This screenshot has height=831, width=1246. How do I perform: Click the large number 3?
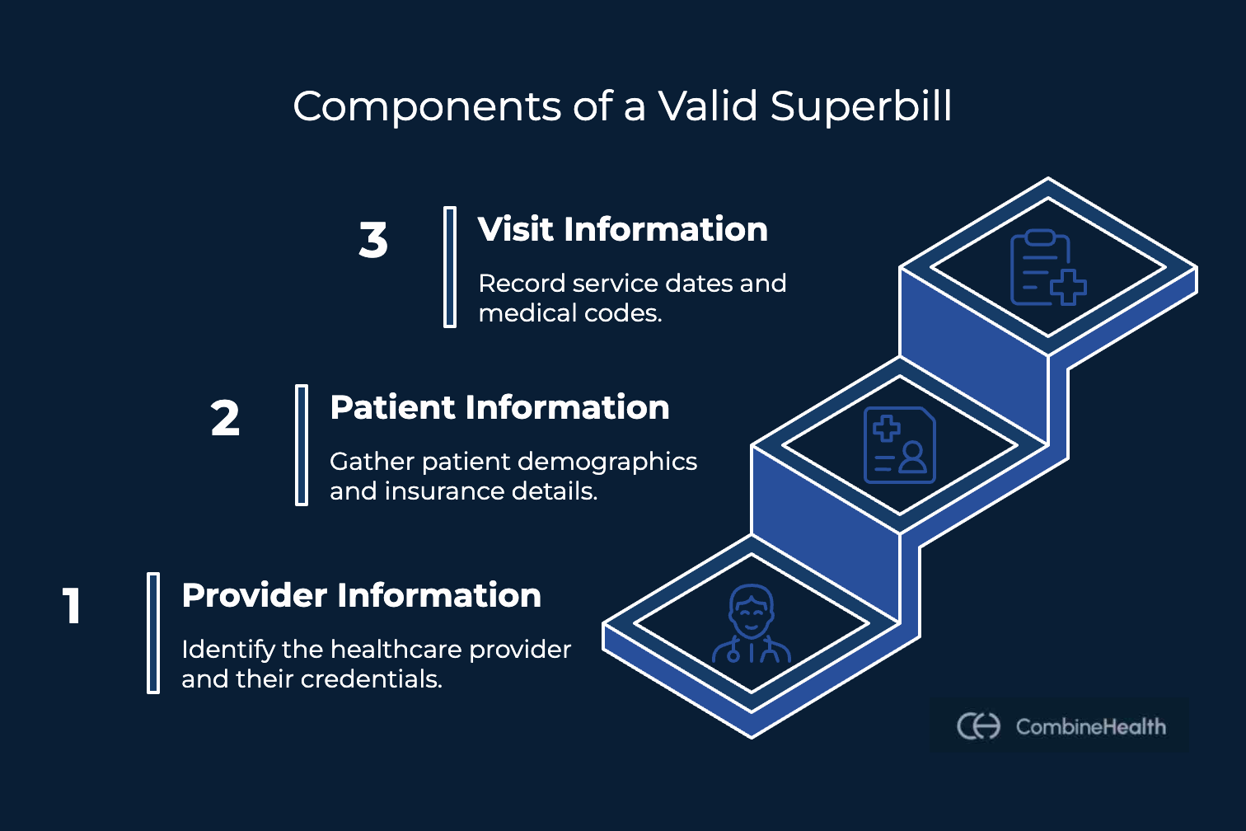point(373,241)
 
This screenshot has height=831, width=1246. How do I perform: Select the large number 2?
point(225,419)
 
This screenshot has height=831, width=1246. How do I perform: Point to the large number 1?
point(73,607)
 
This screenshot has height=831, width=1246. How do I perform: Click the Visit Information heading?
point(622,229)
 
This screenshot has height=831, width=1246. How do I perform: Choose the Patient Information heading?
point(499,407)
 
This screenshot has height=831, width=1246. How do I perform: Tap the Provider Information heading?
point(361,595)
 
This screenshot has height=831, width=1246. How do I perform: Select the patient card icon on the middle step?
point(899,445)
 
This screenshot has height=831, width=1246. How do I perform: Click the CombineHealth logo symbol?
point(978,726)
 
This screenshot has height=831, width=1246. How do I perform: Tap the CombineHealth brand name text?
point(1090,726)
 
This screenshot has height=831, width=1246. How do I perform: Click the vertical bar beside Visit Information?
point(450,267)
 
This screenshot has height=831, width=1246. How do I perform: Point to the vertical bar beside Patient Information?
point(302,445)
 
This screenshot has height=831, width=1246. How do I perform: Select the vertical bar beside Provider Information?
point(153,633)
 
